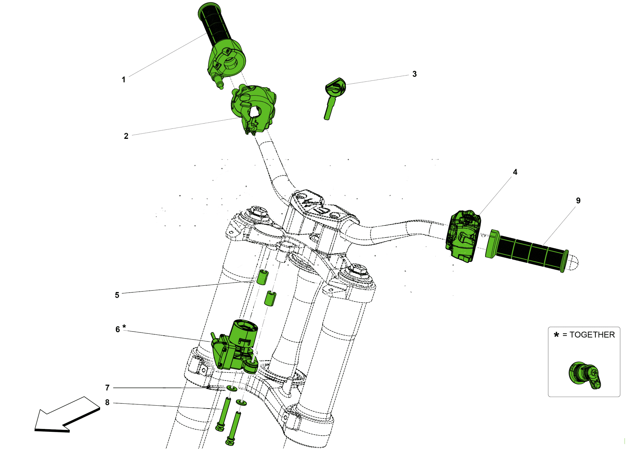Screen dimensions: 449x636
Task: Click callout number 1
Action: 123,80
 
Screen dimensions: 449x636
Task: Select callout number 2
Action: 126,136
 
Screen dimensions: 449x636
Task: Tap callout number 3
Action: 414,74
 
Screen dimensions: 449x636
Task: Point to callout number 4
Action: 515,172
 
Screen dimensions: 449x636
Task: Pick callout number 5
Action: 117,295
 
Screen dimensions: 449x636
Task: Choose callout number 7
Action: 107,388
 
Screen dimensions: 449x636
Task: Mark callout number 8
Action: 107,403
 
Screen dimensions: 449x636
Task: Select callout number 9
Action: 578,201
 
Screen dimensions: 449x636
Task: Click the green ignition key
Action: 333,96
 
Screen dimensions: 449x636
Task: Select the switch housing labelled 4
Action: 463,236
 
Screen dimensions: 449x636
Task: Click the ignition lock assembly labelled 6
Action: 235,347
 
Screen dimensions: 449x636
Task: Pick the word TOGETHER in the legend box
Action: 592,335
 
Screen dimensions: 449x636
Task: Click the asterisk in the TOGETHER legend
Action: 556,334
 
